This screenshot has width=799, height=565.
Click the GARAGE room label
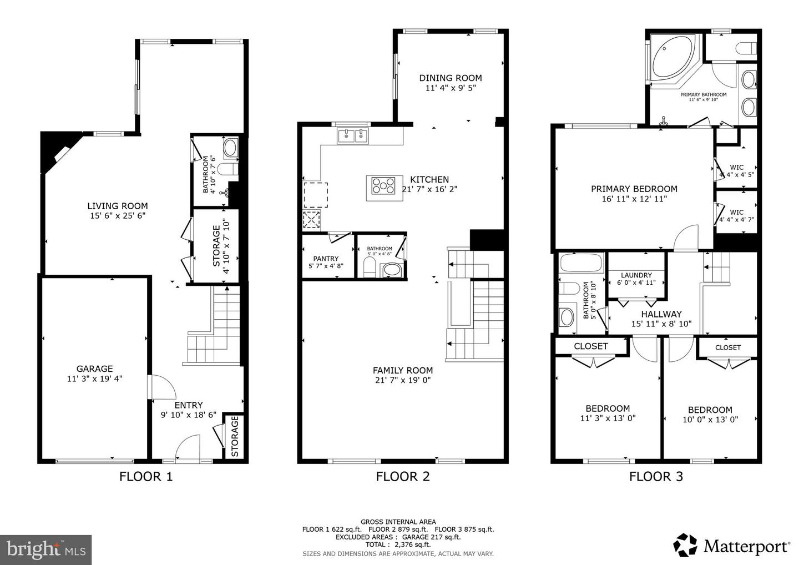pyautogui.click(x=94, y=369)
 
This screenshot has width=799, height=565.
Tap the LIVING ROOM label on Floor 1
pyautogui.click(x=118, y=206)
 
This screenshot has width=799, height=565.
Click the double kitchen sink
pyautogui.click(x=352, y=135)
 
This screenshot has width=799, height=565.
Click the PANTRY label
pyautogui.click(x=326, y=259)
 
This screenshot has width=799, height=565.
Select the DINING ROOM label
pyautogui.click(x=450, y=78)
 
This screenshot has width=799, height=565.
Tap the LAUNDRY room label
pyautogui.click(x=636, y=275)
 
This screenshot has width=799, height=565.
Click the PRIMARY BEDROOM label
pyautogui.click(x=634, y=189)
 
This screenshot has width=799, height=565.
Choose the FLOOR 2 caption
pyautogui.click(x=402, y=476)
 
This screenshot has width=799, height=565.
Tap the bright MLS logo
pyautogui.click(x=45, y=549)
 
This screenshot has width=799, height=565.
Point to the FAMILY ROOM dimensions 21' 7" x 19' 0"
pyautogui.click(x=402, y=380)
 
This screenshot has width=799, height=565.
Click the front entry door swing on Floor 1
pyautogui.click(x=187, y=447)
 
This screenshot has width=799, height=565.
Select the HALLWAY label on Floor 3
pyautogui.click(x=661, y=314)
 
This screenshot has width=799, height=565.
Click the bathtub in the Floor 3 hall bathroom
pyautogui.click(x=577, y=262)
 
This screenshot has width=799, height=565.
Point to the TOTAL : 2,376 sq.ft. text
pyautogui.click(x=398, y=544)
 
